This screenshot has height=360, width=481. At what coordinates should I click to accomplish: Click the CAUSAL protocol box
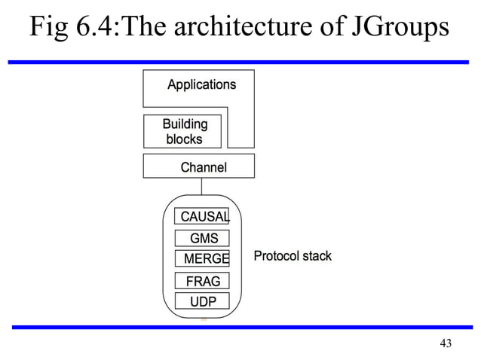click(x=202, y=217)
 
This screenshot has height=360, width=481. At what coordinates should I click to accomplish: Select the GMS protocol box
click(x=202, y=238)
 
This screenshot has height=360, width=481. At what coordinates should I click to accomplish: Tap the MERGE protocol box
click(x=202, y=259)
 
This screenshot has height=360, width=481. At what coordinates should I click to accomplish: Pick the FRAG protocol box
click(x=202, y=281)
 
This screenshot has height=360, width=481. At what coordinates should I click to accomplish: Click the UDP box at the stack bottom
click(x=202, y=302)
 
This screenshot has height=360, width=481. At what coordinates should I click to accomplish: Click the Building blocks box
click(x=183, y=131)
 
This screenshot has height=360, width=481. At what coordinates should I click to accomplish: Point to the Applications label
click(x=201, y=84)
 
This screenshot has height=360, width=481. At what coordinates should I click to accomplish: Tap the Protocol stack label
click(x=293, y=256)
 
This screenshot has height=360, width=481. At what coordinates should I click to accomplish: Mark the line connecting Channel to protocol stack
click(x=201, y=186)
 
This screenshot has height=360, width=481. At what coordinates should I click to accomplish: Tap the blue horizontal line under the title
click(x=240, y=61)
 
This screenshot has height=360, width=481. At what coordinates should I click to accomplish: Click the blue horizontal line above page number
click(x=240, y=327)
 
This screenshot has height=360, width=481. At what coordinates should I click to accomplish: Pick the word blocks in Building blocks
click(x=183, y=139)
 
